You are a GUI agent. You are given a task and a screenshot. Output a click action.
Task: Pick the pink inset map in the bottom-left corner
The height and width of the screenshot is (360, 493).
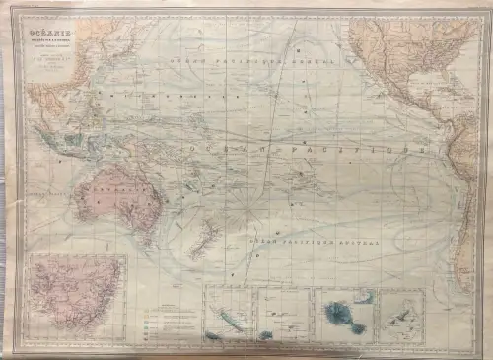coord(76,297)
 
